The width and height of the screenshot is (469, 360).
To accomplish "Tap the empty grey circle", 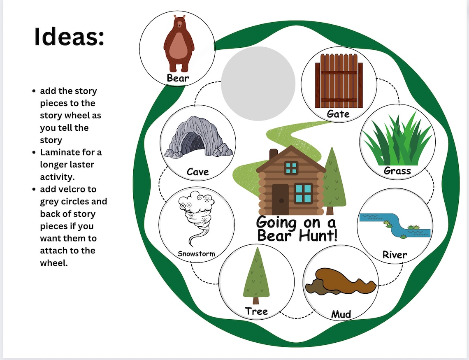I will pos(258,84).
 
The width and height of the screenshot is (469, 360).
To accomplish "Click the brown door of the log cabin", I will pos(281,199).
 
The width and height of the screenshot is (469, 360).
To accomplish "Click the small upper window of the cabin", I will pos(291,167).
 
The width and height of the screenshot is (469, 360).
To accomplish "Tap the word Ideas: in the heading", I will pos(69,37).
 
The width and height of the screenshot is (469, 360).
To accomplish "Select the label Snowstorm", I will pos(196,253).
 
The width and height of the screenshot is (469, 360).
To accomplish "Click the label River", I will pos(395,255).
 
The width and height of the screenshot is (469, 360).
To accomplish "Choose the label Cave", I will pos(198,172).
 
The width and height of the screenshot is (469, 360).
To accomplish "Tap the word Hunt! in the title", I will pos(314,235).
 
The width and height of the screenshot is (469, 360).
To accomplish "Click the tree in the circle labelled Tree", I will pos(256,276).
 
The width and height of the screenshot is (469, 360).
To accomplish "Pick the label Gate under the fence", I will pos(339,114).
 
